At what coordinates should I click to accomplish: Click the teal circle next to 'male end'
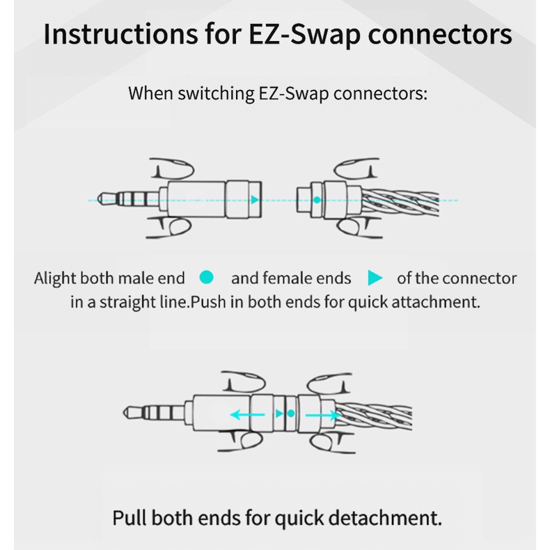pyautogui.click(x=205, y=278)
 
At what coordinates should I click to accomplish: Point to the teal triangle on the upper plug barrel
pyautogui.click(x=255, y=200)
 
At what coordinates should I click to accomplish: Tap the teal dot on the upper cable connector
pyautogui.click(x=317, y=200)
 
